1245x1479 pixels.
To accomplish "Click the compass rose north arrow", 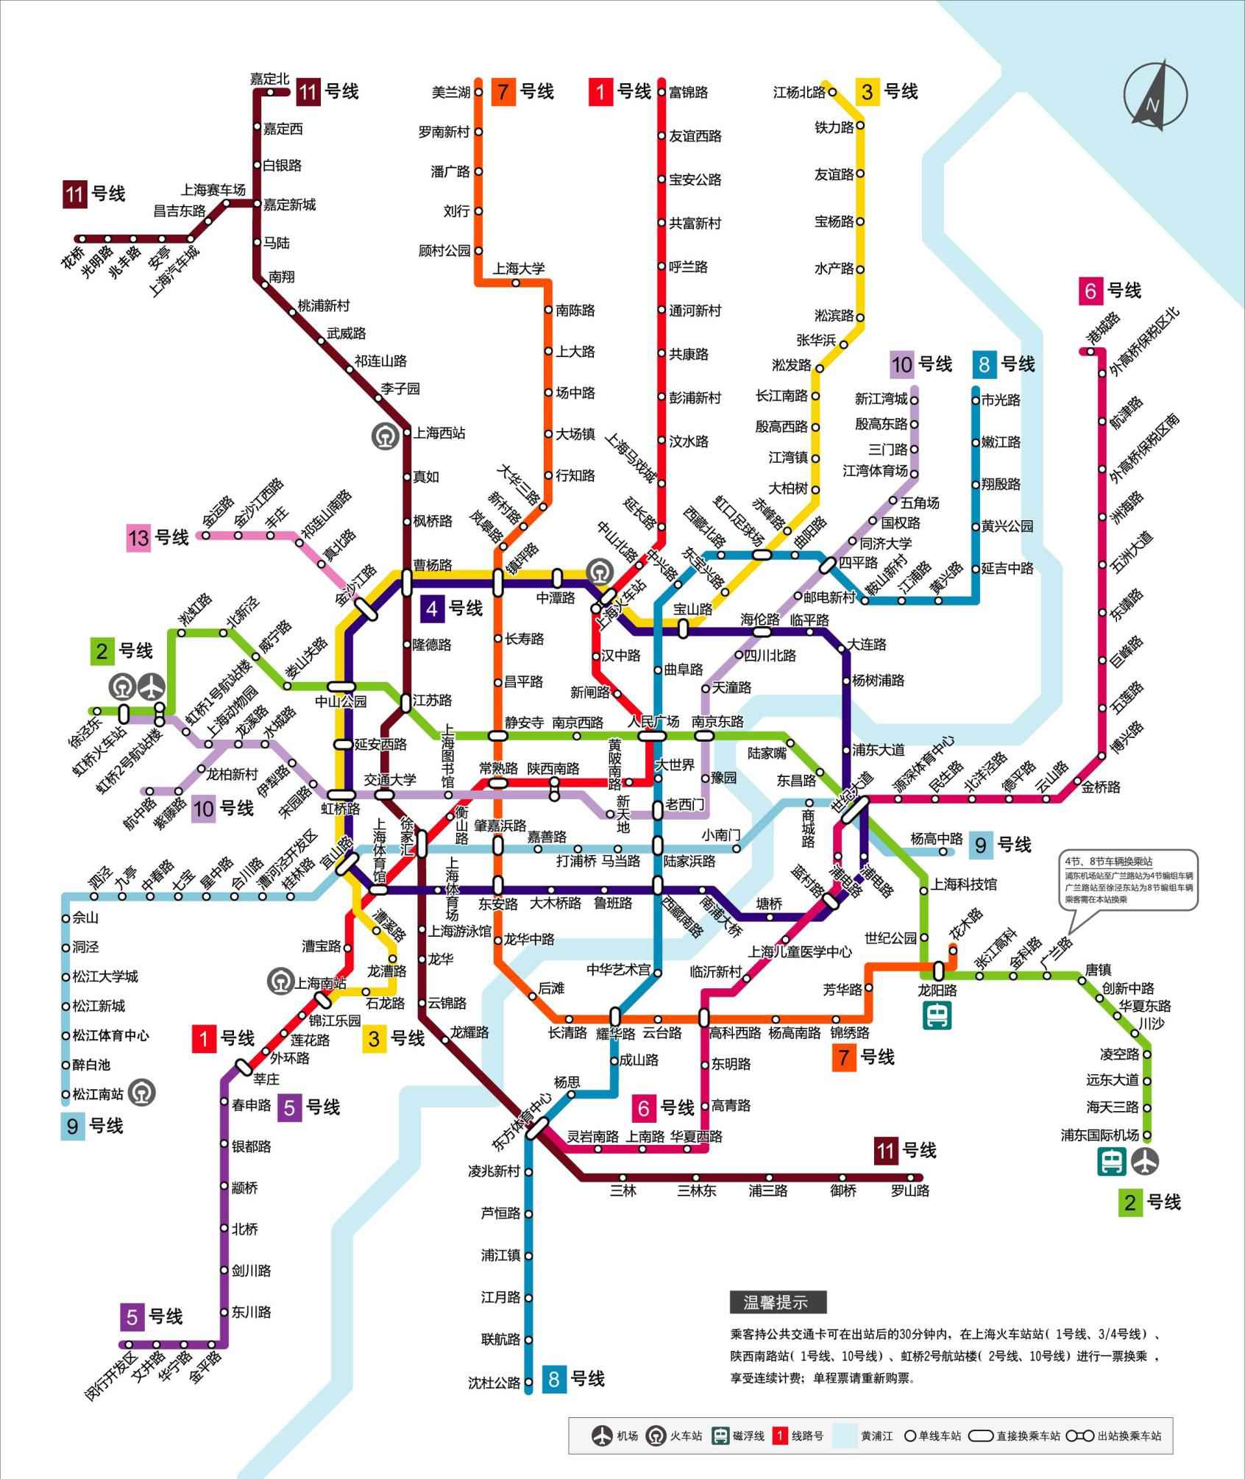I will coord(1155,96).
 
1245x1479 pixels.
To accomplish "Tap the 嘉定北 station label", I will coord(269,79).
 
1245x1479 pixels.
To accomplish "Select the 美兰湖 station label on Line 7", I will coord(450,93).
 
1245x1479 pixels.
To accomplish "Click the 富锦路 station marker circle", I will coord(661,93).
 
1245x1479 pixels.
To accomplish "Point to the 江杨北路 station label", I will coord(799,93).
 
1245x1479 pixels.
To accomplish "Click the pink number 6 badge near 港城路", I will coord(1090,291).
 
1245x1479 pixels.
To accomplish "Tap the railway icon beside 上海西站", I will coord(385,436).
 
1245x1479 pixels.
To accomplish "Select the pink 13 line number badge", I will coord(138,538).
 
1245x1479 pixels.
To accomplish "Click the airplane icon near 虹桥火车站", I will coord(152,687).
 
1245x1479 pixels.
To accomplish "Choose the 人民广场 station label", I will coord(653,721).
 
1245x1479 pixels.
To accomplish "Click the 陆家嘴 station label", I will coord(767,753).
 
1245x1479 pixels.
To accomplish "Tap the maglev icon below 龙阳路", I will coord(937,1016).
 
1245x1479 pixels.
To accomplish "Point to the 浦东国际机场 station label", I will coord(1099,1135).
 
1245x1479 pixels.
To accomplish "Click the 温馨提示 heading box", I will coord(778,1302).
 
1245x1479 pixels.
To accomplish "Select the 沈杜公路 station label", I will coord(494,1383).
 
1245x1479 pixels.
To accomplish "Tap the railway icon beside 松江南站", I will coord(141,1093).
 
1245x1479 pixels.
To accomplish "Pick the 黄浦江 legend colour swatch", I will coord(845,1436).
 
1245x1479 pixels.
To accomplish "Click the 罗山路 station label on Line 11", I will coord(910,1191).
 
